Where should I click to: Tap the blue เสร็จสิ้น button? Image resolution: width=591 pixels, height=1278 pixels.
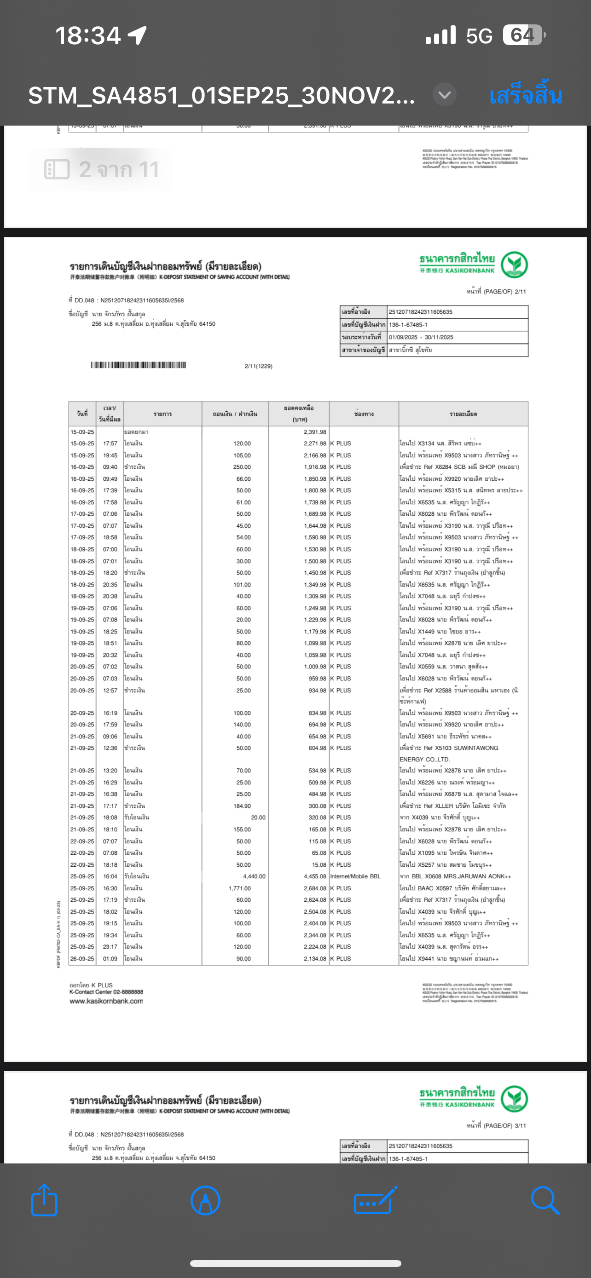coord(526,95)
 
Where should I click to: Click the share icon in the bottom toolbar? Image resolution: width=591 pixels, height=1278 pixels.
coord(44,1200)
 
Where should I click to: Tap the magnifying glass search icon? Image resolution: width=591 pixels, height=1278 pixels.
coord(545,1200)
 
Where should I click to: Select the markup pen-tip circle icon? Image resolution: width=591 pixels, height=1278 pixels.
coord(205,1200)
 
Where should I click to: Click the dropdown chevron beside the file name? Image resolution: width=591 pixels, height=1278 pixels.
coord(444,94)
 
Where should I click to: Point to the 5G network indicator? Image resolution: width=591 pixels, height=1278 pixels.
coord(479,36)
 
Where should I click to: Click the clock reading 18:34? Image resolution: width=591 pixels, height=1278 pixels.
coord(88,36)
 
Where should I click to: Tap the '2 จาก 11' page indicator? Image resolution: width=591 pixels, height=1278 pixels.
coord(101,170)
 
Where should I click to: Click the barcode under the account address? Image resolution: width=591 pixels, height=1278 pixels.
coord(139,365)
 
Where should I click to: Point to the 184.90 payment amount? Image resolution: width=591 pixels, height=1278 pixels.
coord(242,806)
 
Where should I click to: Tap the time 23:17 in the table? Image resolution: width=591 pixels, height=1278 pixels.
coord(110,947)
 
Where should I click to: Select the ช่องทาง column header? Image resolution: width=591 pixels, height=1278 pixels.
coord(364,414)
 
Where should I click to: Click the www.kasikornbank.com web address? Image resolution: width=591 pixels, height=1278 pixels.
coord(106,1001)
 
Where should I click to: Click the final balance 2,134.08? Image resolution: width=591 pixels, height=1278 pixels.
coord(315,959)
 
